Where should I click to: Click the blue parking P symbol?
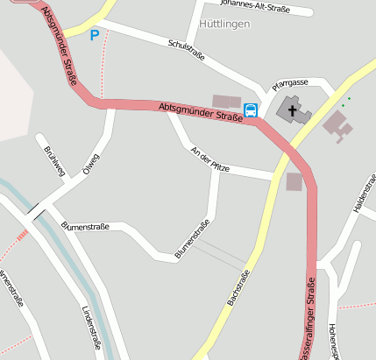(x=95, y=35)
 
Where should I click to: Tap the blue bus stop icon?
(x=251, y=109)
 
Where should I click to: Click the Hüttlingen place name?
(x=224, y=24)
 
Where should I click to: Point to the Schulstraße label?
(x=185, y=48)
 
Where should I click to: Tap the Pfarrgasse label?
(x=290, y=81)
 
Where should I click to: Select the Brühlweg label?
(x=54, y=161)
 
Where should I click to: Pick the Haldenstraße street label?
(x=363, y=198)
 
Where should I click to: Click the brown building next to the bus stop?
(x=226, y=102)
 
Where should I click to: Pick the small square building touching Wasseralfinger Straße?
(x=294, y=181)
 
